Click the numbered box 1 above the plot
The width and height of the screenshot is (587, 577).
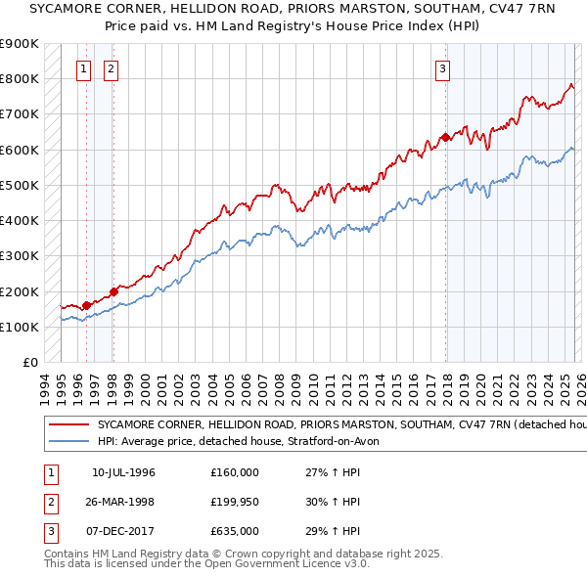84,69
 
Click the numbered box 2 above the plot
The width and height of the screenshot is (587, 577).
111,69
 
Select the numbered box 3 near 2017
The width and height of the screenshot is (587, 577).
443,69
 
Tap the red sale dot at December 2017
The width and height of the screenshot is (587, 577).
445,137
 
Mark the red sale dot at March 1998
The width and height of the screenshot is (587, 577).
113,290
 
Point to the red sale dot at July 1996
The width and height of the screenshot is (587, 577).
86,305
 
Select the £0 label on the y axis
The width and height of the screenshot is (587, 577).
29,363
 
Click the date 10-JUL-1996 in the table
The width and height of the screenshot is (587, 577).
123,472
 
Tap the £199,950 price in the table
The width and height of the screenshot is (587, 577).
234,502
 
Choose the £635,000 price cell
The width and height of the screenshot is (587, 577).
234,531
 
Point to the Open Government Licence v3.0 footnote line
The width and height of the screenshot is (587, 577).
206,564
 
